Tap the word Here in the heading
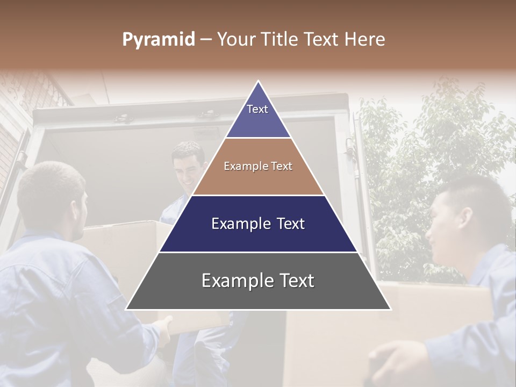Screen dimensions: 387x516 [x=366, y=40]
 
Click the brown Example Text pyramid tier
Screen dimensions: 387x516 [x=258, y=167]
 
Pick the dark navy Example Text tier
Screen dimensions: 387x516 [x=258, y=224]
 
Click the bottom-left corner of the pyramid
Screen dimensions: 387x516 [x=127, y=309]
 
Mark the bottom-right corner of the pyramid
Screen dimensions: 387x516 [x=390, y=309]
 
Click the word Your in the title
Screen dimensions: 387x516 [x=236, y=40]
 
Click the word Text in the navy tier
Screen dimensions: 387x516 [x=290, y=224]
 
